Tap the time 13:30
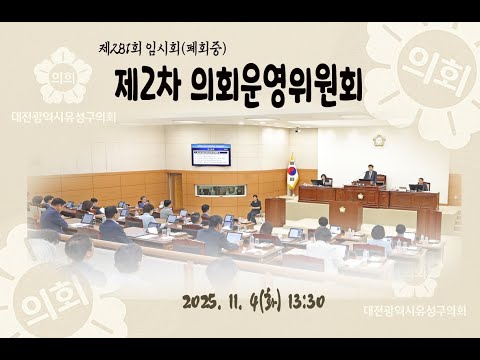(x=304, y=302)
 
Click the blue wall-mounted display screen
(x=211, y=154)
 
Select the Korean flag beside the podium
(x=292, y=172)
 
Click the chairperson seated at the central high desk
(x=370, y=174)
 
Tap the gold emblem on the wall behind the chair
(x=379, y=141)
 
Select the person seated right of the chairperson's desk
(x=421, y=184)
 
